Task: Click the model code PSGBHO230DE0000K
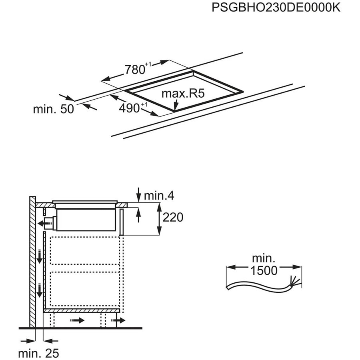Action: click(276, 7)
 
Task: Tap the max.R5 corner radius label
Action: click(183, 94)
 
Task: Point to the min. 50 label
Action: click(54, 109)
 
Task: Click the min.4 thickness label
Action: click(159, 196)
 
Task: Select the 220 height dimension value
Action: click(173, 217)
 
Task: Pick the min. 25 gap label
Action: click(38, 353)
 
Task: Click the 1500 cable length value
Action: click(264, 270)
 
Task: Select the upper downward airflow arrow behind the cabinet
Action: click(40, 256)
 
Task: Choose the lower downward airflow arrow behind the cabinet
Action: click(40, 290)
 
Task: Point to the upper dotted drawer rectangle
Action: click(85, 250)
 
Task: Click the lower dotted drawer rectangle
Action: click(85, 289)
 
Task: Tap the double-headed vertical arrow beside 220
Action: click(159, 219)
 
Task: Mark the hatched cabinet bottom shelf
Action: click(82, 311)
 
